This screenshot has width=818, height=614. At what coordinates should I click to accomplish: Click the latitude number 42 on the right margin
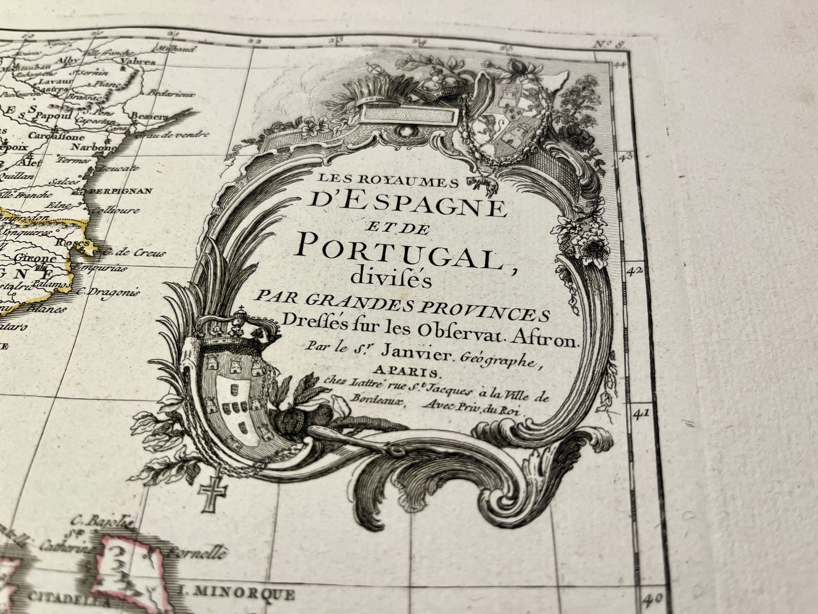pos(635,270)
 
